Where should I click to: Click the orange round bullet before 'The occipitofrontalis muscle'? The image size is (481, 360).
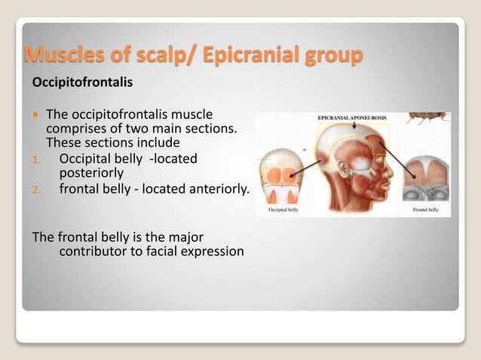[x=35, y=114]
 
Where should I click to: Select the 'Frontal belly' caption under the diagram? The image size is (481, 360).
[x=426, y=211]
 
